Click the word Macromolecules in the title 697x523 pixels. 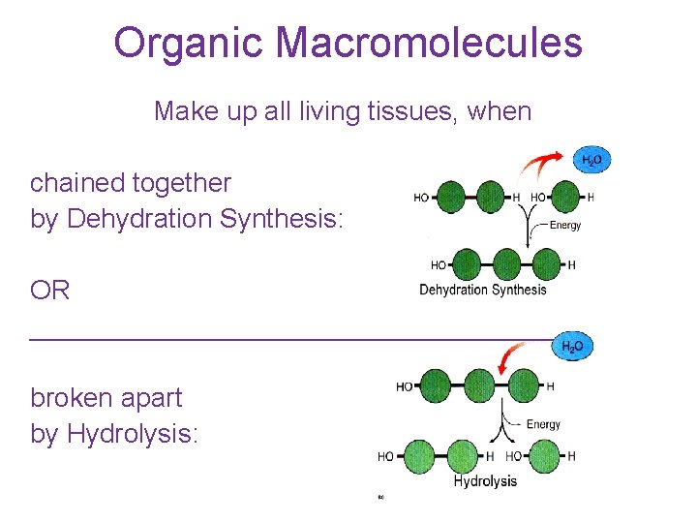click(429, 44)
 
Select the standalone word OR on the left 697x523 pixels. click(50, 291)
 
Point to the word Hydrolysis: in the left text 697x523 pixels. click(133, 434)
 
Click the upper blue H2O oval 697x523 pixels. click(592, 161)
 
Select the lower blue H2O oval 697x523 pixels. click(573, 346)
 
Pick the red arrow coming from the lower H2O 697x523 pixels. click(510, 359)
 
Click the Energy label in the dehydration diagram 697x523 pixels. click(565, 226)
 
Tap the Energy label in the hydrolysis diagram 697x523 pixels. click(543, 424)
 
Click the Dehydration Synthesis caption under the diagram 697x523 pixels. click(482, 290)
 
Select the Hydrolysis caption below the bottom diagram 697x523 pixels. click(485, 481)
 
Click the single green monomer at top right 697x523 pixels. click(564, 198)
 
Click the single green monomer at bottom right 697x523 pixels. click(546, 456)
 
